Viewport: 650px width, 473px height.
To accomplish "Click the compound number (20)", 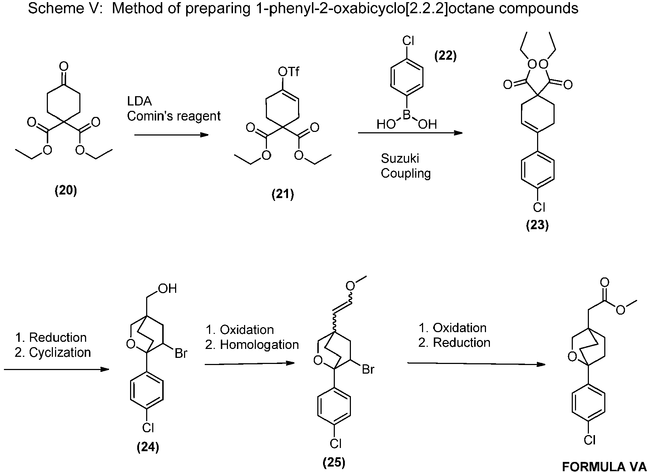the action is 66,191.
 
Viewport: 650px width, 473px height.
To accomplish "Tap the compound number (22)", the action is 445,56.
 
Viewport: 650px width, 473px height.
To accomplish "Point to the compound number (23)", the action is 537,225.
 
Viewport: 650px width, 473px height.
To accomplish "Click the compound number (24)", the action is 148,447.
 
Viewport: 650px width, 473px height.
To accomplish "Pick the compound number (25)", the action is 334,463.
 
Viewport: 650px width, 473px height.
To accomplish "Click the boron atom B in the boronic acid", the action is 407,115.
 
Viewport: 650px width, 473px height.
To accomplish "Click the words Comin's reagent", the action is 174,116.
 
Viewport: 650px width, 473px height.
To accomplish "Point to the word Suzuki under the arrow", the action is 400,158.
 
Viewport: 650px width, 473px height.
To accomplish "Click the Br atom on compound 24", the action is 181,354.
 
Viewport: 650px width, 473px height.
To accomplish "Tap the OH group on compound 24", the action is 168,289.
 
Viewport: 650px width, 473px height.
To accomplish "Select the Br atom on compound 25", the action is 368,369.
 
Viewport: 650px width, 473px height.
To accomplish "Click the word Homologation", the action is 259,345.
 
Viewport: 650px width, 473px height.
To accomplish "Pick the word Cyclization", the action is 60,353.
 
